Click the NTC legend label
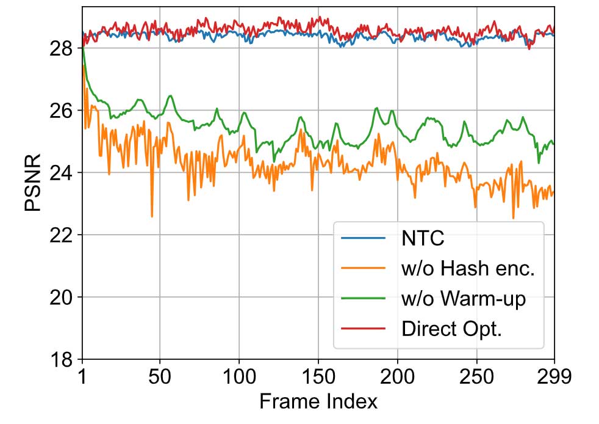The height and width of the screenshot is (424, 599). (x=422, y=238)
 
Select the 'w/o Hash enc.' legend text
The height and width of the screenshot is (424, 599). (x=468, y=268)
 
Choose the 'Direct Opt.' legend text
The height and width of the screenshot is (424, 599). (x=452, y=328)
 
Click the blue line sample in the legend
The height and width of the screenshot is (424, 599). (x=364, y=238)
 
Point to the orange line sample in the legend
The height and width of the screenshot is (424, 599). (x=364, y=268)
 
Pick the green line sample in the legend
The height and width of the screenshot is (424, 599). (x=364, y=298)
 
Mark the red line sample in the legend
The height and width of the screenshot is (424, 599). (x=364, y=328)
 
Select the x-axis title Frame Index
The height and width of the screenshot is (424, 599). (x=318, y=401)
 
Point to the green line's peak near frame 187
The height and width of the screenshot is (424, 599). (x=376, y=108)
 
